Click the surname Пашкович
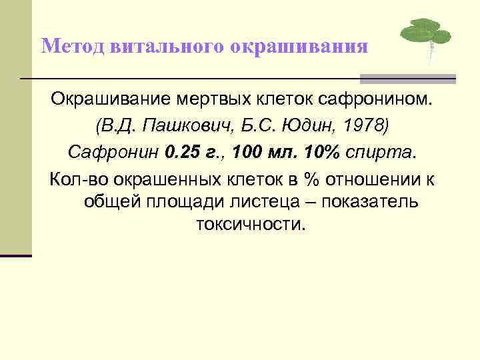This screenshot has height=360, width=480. point(177,127)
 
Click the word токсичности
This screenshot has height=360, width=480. point(250,225)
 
